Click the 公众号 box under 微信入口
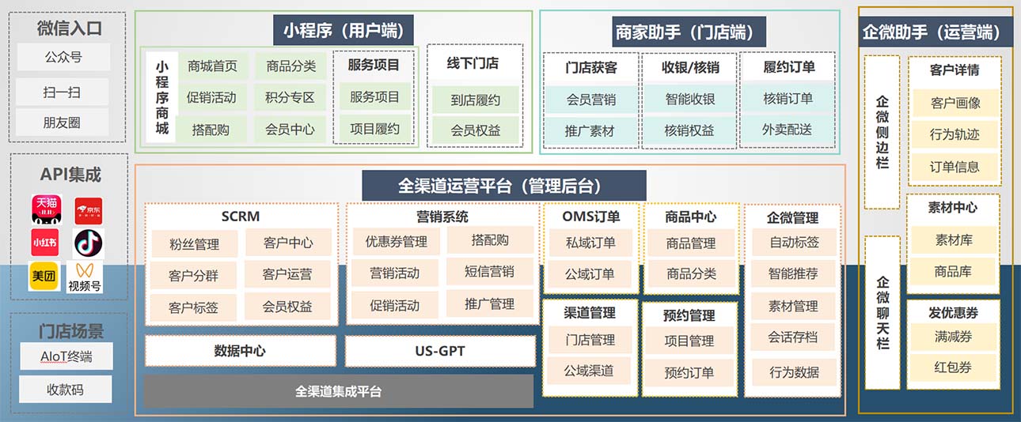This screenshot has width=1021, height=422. coord(63,57)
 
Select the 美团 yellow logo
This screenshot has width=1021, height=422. coord(45,277)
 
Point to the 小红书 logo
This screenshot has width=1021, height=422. coord(45,243)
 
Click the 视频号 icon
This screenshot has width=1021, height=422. coord(85,277)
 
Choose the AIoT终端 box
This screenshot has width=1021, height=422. coord(66,356)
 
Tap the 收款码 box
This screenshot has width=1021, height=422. coord(66,389)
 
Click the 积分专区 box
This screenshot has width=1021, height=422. coord(290,98)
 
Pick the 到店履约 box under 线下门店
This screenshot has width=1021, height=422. coord(476,100)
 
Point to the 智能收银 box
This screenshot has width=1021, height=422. coord(689,99)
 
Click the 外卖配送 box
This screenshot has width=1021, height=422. coord(787,130)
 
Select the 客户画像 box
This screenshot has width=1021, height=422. coord(955,103)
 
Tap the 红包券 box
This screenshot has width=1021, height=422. coord(953,367)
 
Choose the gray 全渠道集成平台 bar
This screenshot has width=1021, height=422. coord(338,391)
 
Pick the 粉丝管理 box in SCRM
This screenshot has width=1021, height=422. coord(194,244)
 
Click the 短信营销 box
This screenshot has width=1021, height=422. coord(489,272)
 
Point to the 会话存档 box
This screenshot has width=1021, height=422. coord(792,337)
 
